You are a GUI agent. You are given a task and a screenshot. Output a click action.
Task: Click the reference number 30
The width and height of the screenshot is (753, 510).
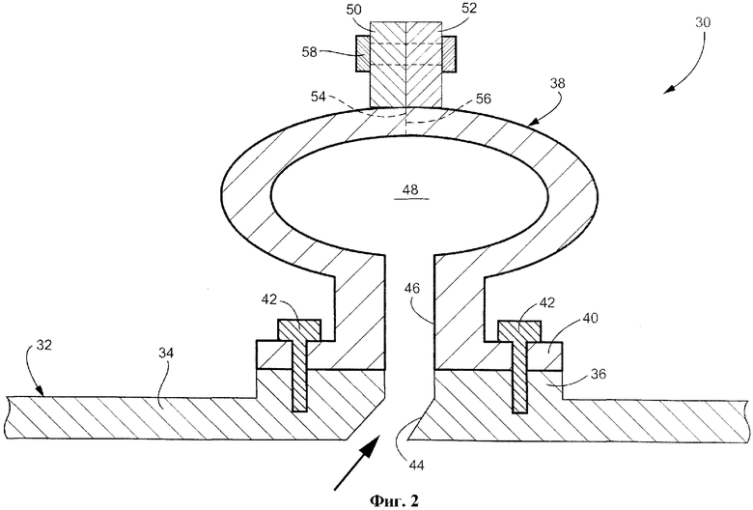click(703, 22)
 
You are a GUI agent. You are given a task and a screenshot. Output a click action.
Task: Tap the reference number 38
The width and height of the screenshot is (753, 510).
click(557, 84)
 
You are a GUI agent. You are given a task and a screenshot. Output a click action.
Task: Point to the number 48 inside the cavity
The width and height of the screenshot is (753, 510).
click(410, 190)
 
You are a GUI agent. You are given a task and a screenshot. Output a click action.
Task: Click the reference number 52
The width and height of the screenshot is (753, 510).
click(469, 9)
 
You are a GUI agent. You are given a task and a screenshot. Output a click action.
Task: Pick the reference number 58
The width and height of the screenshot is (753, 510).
click(310, 51)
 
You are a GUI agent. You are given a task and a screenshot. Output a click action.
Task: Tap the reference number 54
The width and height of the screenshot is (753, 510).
click(318, 98)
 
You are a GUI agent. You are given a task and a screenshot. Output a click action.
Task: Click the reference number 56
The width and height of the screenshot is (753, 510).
click(483, 99)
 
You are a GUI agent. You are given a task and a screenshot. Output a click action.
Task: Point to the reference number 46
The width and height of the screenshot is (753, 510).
click(411, 289)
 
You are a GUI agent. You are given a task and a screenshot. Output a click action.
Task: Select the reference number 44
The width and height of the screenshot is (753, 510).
click(416, 465)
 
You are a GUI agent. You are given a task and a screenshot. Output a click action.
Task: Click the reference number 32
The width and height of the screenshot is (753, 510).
click(43, 345)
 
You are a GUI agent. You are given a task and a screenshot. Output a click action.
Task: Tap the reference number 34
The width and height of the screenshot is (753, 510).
click(166, 354)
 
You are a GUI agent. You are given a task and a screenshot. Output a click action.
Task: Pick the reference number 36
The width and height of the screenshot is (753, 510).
click(599, 374)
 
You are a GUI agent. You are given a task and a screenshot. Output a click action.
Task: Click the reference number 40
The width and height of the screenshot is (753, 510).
click(591, 318)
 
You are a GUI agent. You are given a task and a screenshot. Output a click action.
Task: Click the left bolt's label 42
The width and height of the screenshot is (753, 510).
click(269, 299)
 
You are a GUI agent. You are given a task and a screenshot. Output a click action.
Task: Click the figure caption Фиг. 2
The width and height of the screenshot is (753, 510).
click(394, 501)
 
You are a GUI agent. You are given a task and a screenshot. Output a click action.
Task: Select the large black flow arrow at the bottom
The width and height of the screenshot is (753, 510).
click(355, 465)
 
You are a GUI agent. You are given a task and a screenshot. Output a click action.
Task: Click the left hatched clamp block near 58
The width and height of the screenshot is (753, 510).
click(363, 54)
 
